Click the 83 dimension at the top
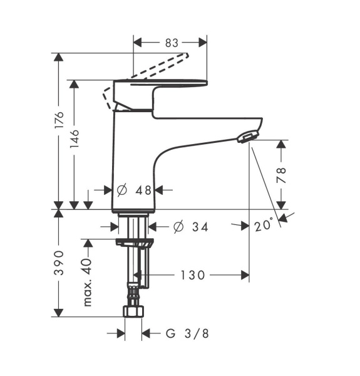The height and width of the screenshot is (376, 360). point(172,43)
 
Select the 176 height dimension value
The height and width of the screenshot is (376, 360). point(59,120)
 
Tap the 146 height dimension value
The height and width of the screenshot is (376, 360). point(75,138)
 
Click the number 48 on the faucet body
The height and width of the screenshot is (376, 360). point(143,191)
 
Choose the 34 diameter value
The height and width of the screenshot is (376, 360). point(200,227)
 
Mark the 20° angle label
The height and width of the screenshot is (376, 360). point(264,226)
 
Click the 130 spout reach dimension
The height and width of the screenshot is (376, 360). point(193,275)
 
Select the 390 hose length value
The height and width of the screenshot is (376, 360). point(59,263)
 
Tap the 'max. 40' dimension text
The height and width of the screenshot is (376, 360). point(88,282)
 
